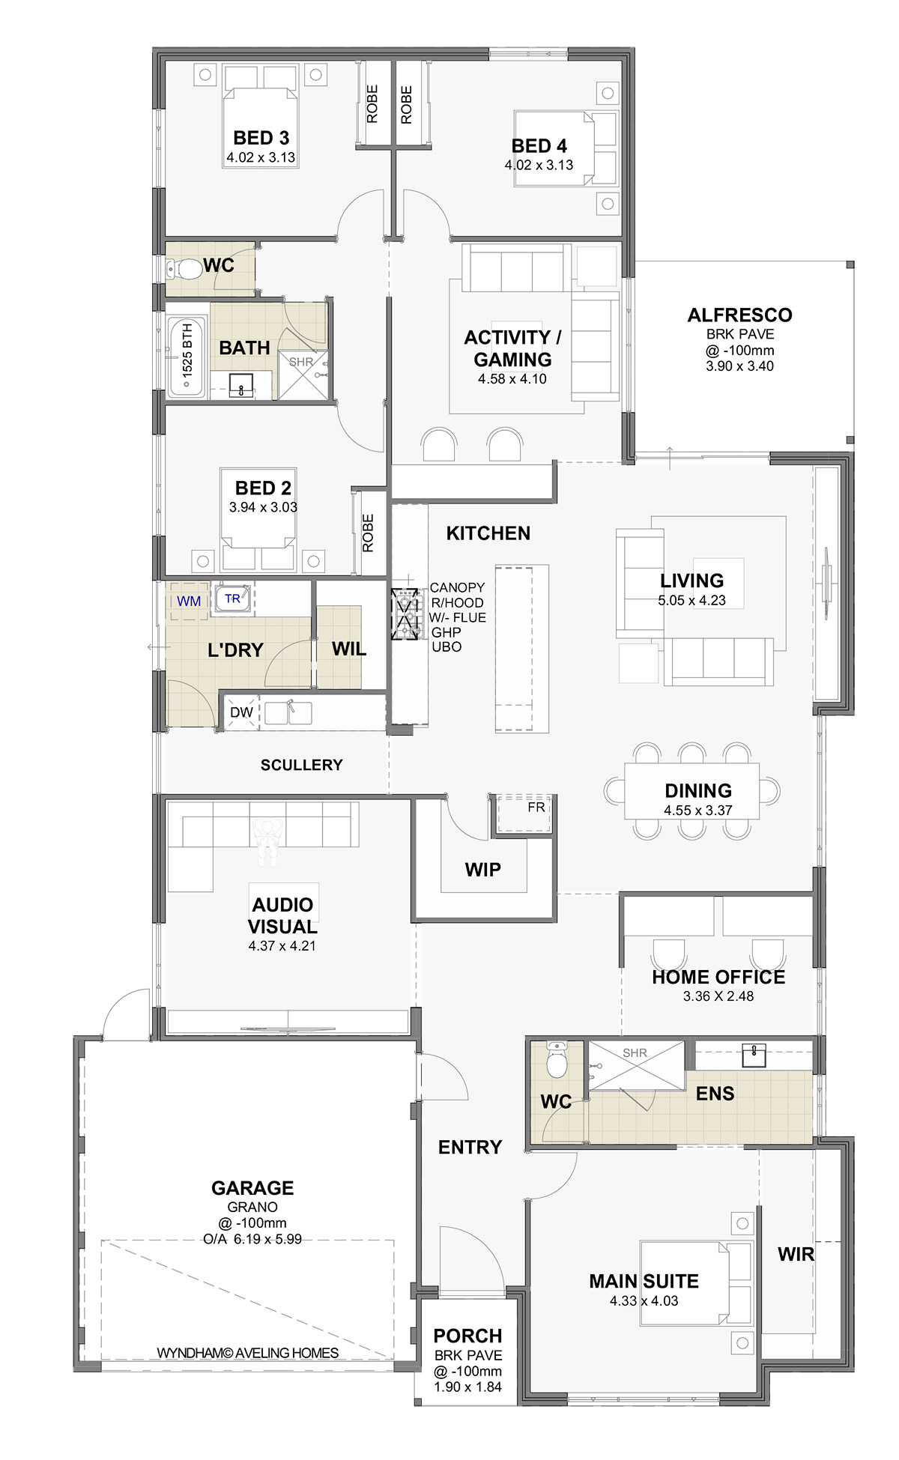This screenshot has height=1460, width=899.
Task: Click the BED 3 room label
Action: point(261,138)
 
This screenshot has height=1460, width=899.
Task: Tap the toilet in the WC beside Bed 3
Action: point(184,268)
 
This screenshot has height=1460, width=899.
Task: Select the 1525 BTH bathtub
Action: point(187,357)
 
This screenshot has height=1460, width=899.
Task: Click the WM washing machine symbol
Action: point(189,601)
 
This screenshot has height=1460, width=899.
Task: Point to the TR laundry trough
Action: point(233,599)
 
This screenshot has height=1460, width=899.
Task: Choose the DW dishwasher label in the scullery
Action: point(241,712)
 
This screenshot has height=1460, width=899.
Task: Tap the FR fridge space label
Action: point(536,807)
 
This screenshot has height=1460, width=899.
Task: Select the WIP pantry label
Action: point(482,870)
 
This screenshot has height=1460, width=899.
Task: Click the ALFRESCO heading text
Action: point(739,315)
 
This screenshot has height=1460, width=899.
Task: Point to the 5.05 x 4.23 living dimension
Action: point(691,600)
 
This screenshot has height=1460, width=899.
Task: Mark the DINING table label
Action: point(698,790)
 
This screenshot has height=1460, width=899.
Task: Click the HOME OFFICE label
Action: point(718,977)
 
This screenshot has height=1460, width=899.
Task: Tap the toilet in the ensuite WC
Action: point(557,1059)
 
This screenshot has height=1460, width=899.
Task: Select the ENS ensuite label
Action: point(715,1094)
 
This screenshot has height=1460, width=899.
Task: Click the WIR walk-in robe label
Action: point(796,1254)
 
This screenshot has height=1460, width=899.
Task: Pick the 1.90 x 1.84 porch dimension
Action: point(467,1387)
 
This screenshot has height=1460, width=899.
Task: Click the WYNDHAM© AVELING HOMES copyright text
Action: point(247,1353)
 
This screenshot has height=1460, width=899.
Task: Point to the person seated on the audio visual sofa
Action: point(267,838)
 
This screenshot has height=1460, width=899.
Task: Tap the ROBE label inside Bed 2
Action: point(368,533)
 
